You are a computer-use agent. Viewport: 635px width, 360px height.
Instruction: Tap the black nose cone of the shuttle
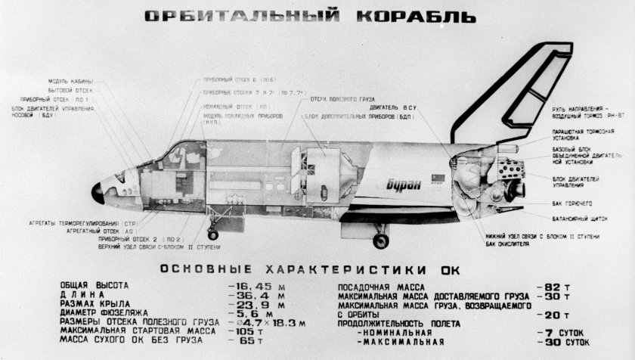click(98, 193)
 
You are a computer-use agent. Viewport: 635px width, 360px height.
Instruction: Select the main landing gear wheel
click(380, 241)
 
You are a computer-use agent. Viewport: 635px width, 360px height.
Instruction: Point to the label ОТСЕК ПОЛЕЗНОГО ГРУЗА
click(340, 99)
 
